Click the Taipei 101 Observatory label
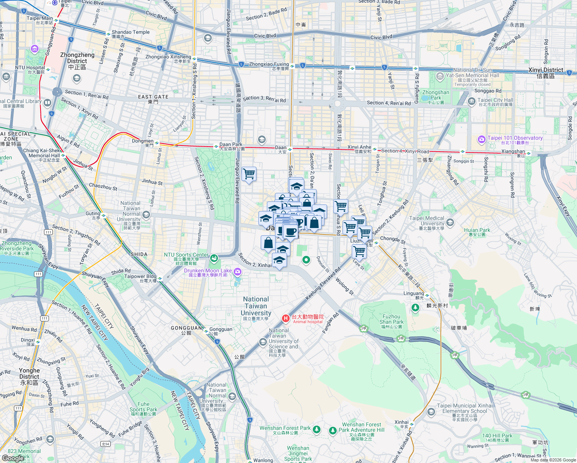tap(515, 138)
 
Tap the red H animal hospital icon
tap(285, 318)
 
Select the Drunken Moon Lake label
tap(208, 270)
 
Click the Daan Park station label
tap(231, 145)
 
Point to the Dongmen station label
tap(143, 141)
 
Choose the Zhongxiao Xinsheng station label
tap(168, 57)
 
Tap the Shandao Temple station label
tap(130, 32)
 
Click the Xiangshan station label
tap(513, 152)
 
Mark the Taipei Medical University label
tap(427, 221)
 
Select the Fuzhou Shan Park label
tap(391, 319)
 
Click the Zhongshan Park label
tap(435, 95)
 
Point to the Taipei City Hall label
tap(495, 100)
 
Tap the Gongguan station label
tap(221, 330)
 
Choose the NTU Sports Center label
tap(186, 255)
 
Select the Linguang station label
tap(413, 294)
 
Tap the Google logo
tap(13, 458)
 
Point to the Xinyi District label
tap(546, 70)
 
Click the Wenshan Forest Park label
tap(285, 428)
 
